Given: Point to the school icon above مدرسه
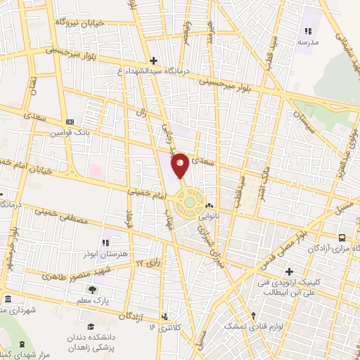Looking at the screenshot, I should pyautogui.click(x=307, y=31).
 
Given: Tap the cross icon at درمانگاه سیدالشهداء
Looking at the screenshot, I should pyautogui.click(x=154, y=62).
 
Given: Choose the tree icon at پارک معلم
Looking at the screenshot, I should pyautogui.click(x=91, y=290).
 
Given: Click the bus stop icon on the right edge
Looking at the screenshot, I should pyautogui.click(x=342, y=238).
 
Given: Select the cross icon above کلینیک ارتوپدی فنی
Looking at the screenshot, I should pyautogui.click(x=289, y=271).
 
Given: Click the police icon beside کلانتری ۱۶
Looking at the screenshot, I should pyautogui.click(x=165, y=317).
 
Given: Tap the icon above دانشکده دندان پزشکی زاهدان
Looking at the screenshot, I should pyautogui.click(x=91, y=326).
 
